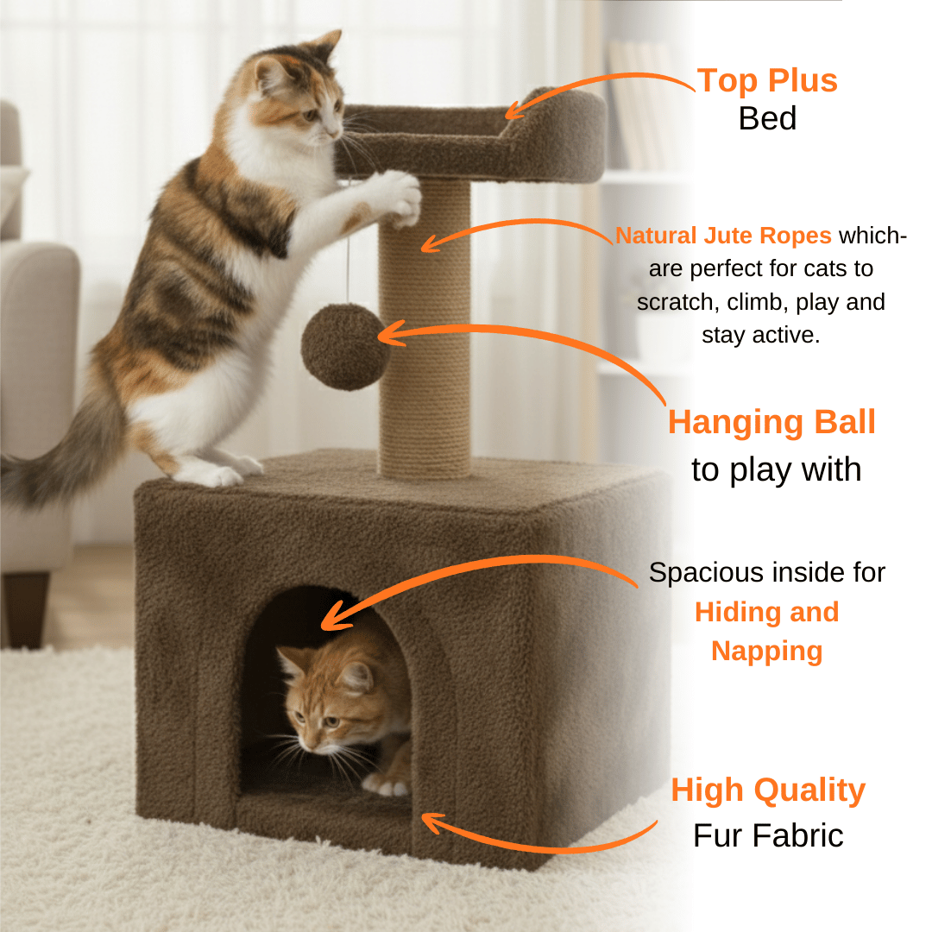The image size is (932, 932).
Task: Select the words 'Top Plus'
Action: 767,80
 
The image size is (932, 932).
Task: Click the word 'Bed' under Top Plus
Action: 767,118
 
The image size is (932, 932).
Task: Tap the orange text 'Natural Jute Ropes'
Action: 723,236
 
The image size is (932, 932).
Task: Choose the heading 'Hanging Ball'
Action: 771,422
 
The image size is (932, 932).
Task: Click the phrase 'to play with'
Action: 777,469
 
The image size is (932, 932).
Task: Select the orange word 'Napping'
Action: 767,652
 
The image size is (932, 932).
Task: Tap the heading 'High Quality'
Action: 768,790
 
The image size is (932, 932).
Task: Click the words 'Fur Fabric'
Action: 768,835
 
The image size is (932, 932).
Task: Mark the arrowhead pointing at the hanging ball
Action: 389,334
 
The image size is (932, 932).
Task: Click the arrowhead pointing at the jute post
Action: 431,242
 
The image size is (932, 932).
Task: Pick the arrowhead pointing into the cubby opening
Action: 334,617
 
